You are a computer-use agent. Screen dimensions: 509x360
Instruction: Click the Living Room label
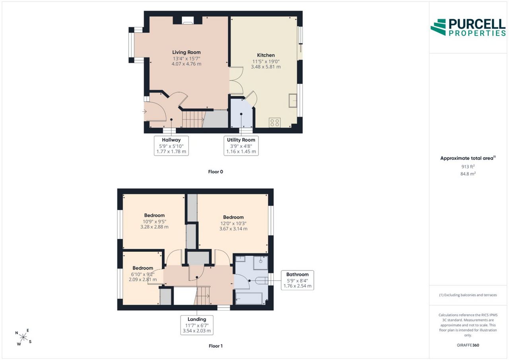point(187,52)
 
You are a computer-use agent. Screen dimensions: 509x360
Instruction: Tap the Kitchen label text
point(266,55)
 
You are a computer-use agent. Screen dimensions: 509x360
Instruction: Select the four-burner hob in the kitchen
point(275,123)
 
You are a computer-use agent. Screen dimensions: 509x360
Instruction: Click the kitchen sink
point(293,100)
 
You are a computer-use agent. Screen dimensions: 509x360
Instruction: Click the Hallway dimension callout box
point(171,146)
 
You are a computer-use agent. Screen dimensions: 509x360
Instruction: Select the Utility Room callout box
point(241,146)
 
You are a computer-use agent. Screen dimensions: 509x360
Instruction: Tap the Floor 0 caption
point(216,172)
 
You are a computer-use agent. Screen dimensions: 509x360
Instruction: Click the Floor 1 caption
point(216,346)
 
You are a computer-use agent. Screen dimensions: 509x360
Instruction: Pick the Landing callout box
point(197,325)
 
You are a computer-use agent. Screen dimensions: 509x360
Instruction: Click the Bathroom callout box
point(297,280)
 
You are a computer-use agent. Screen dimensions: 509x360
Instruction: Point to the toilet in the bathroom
point(262,281)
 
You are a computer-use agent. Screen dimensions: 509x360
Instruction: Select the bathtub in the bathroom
point(249,298)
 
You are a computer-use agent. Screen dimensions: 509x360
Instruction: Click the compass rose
point(23,337)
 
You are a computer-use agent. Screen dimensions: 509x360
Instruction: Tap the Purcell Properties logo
point(468,27)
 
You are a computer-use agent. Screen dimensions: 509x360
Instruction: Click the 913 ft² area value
point(468,167)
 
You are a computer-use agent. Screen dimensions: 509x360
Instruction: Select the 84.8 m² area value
point(468,174)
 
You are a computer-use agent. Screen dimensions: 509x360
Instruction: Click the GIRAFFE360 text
point(468,345)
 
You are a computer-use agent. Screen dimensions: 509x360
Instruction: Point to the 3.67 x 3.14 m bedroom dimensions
point(233,229)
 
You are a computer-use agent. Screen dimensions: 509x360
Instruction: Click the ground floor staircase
point(194,119)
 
